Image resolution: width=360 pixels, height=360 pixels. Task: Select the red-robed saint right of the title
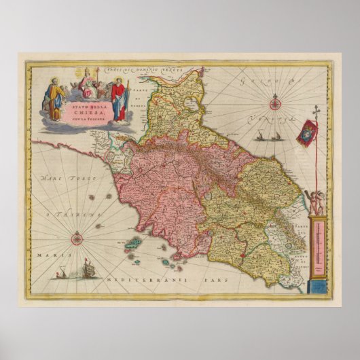coord(119,99)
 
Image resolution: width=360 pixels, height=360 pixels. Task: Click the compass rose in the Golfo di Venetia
coord(275,104)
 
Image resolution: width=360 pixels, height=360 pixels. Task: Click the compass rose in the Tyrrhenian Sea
coord(77,237)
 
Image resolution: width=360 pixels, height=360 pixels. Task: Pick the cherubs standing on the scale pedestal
coord(315,202)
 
